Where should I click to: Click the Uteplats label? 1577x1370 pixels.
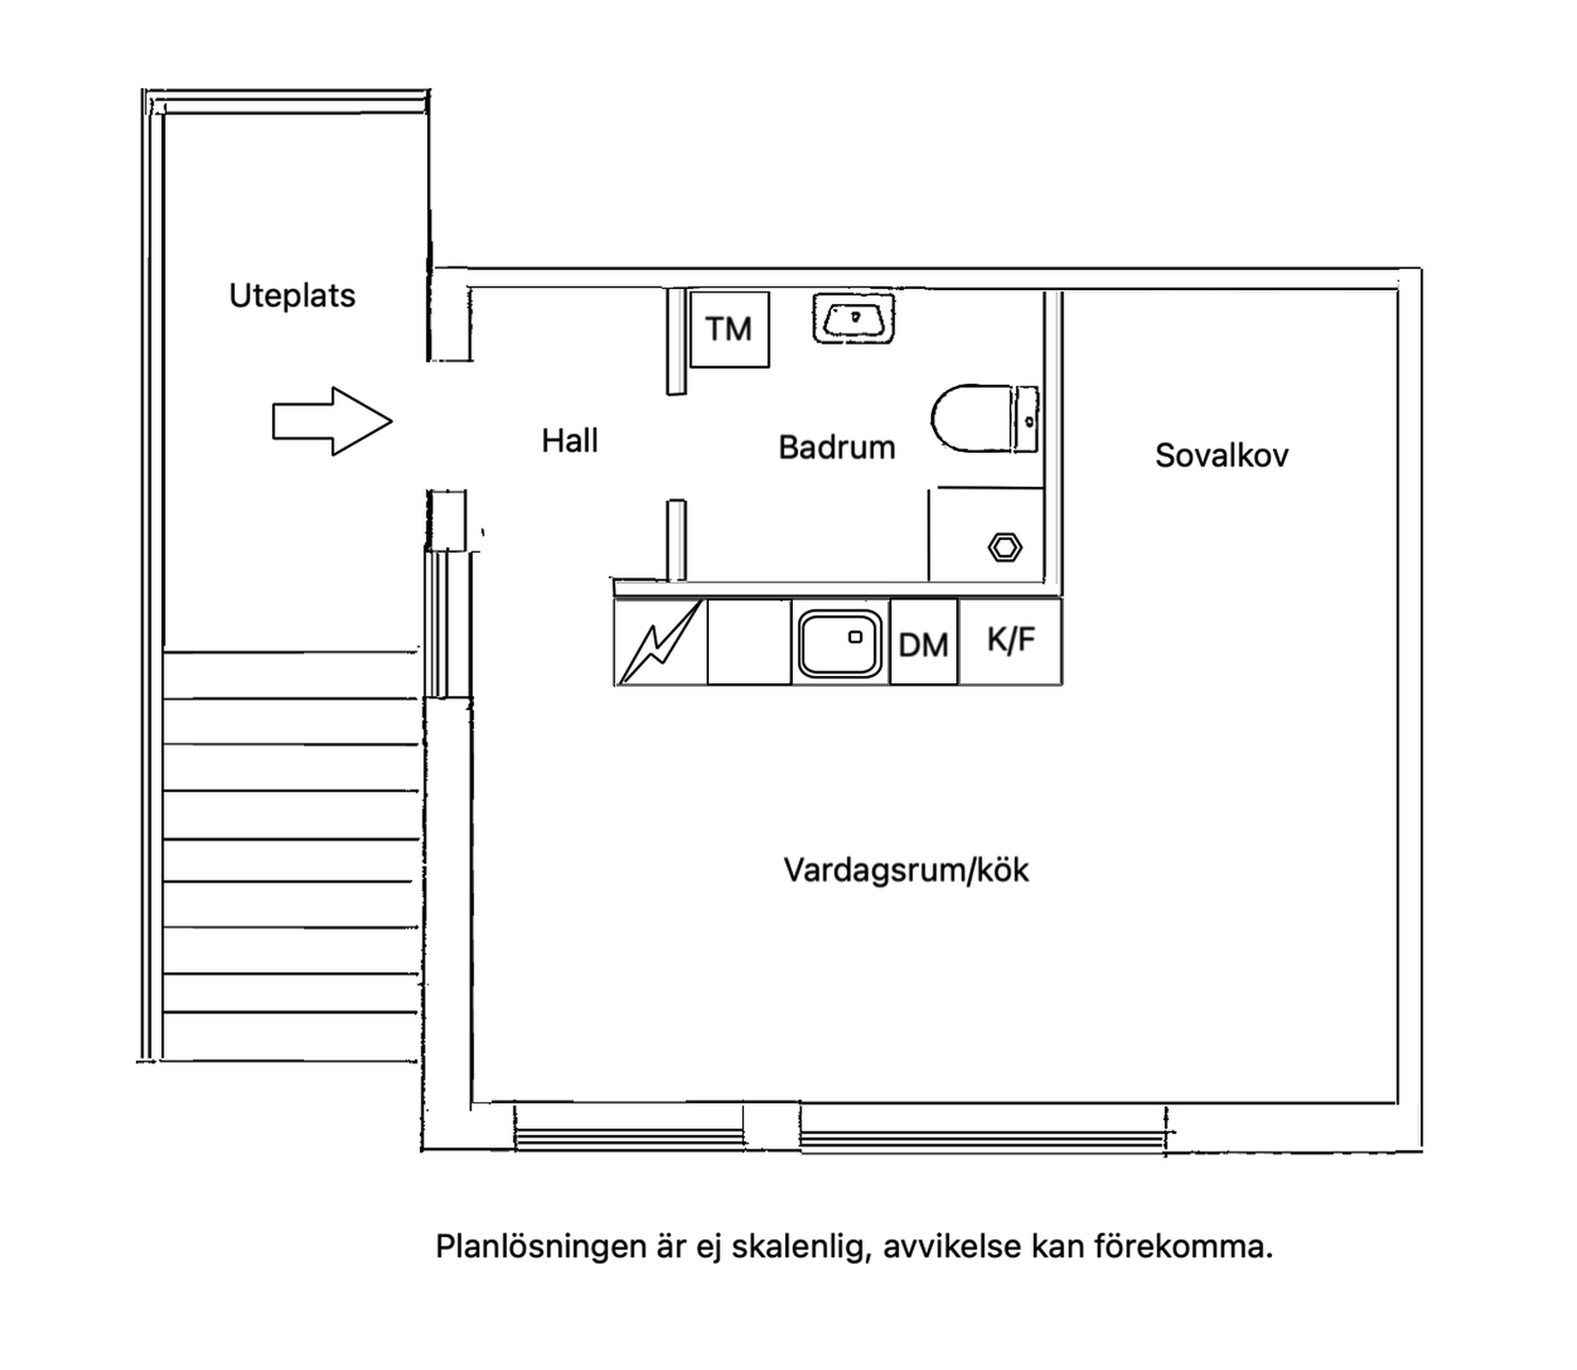[292, 296]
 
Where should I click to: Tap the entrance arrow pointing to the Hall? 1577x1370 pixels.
[332, 421]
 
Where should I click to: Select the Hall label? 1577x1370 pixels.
[569, 441]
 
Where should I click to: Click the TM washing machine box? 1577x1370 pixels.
[729, 329]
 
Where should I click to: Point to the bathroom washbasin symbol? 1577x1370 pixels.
[854, 318]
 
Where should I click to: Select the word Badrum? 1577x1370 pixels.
[836, 448]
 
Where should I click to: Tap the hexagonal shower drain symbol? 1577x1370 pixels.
[1005, 548]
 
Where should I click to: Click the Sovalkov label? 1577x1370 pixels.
[1221, 456]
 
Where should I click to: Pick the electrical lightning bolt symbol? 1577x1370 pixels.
[661, 641]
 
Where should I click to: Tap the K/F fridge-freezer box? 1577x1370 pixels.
[1010, 641]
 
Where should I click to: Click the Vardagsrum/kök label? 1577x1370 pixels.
[905, 871]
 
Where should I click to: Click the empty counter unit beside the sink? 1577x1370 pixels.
[749, 642]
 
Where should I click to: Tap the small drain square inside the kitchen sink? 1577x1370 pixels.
[855, 637]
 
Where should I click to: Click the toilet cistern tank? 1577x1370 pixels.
[1028, 419]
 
